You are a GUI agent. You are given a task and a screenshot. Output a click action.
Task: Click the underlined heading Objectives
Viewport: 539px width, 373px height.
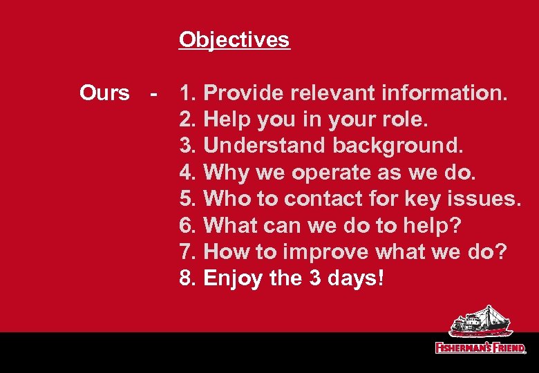coord(234,40)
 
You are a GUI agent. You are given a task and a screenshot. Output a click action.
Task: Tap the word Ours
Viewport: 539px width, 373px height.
coord(104,93)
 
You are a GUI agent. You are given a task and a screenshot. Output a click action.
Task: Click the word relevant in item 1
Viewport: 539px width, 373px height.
coord(328,93)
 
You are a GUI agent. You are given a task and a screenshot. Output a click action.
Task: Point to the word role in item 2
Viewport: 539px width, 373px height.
coord(403,119)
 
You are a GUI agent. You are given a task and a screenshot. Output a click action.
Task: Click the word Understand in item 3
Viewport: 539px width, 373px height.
coord(265,146)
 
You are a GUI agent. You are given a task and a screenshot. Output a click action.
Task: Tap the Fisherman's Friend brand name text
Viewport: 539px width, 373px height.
coord(480,347)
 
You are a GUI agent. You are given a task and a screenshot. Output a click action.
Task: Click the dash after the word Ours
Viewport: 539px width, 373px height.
coord(156,93)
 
